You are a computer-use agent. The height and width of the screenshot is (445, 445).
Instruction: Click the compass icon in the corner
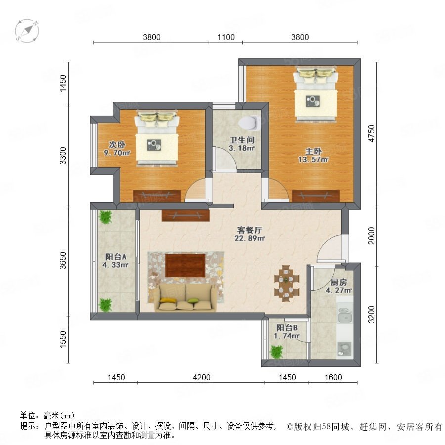click(x=27, y=31)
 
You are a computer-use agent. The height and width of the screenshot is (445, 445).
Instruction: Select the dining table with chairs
click(x=287, y=283)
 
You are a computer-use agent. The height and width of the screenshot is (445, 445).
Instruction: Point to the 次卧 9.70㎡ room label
click(x=117, y=149)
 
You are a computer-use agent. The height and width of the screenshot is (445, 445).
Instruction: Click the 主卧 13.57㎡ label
click(x=313, y=155)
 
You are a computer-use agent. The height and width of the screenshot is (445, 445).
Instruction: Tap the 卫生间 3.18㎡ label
click(x=242, y=144)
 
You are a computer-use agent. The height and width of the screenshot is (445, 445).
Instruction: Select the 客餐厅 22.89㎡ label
click(x=250, y=234)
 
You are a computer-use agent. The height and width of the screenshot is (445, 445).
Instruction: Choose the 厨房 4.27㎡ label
click(x=339, y=286)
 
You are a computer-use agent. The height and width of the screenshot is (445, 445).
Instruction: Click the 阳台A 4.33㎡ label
click(x=116, y=261)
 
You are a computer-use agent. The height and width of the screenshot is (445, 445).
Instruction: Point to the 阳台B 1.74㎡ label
click(x=287, y=332)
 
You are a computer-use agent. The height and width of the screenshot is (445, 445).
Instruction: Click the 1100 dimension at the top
click(x=226, y=37)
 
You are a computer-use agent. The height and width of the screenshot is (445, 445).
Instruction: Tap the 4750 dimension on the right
click(x=371, y=133)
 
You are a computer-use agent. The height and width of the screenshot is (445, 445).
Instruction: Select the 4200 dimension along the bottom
click(x=202, y=377)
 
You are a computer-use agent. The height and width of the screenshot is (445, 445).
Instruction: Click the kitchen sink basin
click(x=345, y=315)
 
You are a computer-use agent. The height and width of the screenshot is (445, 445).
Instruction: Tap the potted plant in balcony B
click(x=276, y=352)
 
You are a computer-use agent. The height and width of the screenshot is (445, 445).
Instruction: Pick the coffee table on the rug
click(x=185, y=266)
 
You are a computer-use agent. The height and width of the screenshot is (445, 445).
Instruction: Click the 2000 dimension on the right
click(x=371, y=235)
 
